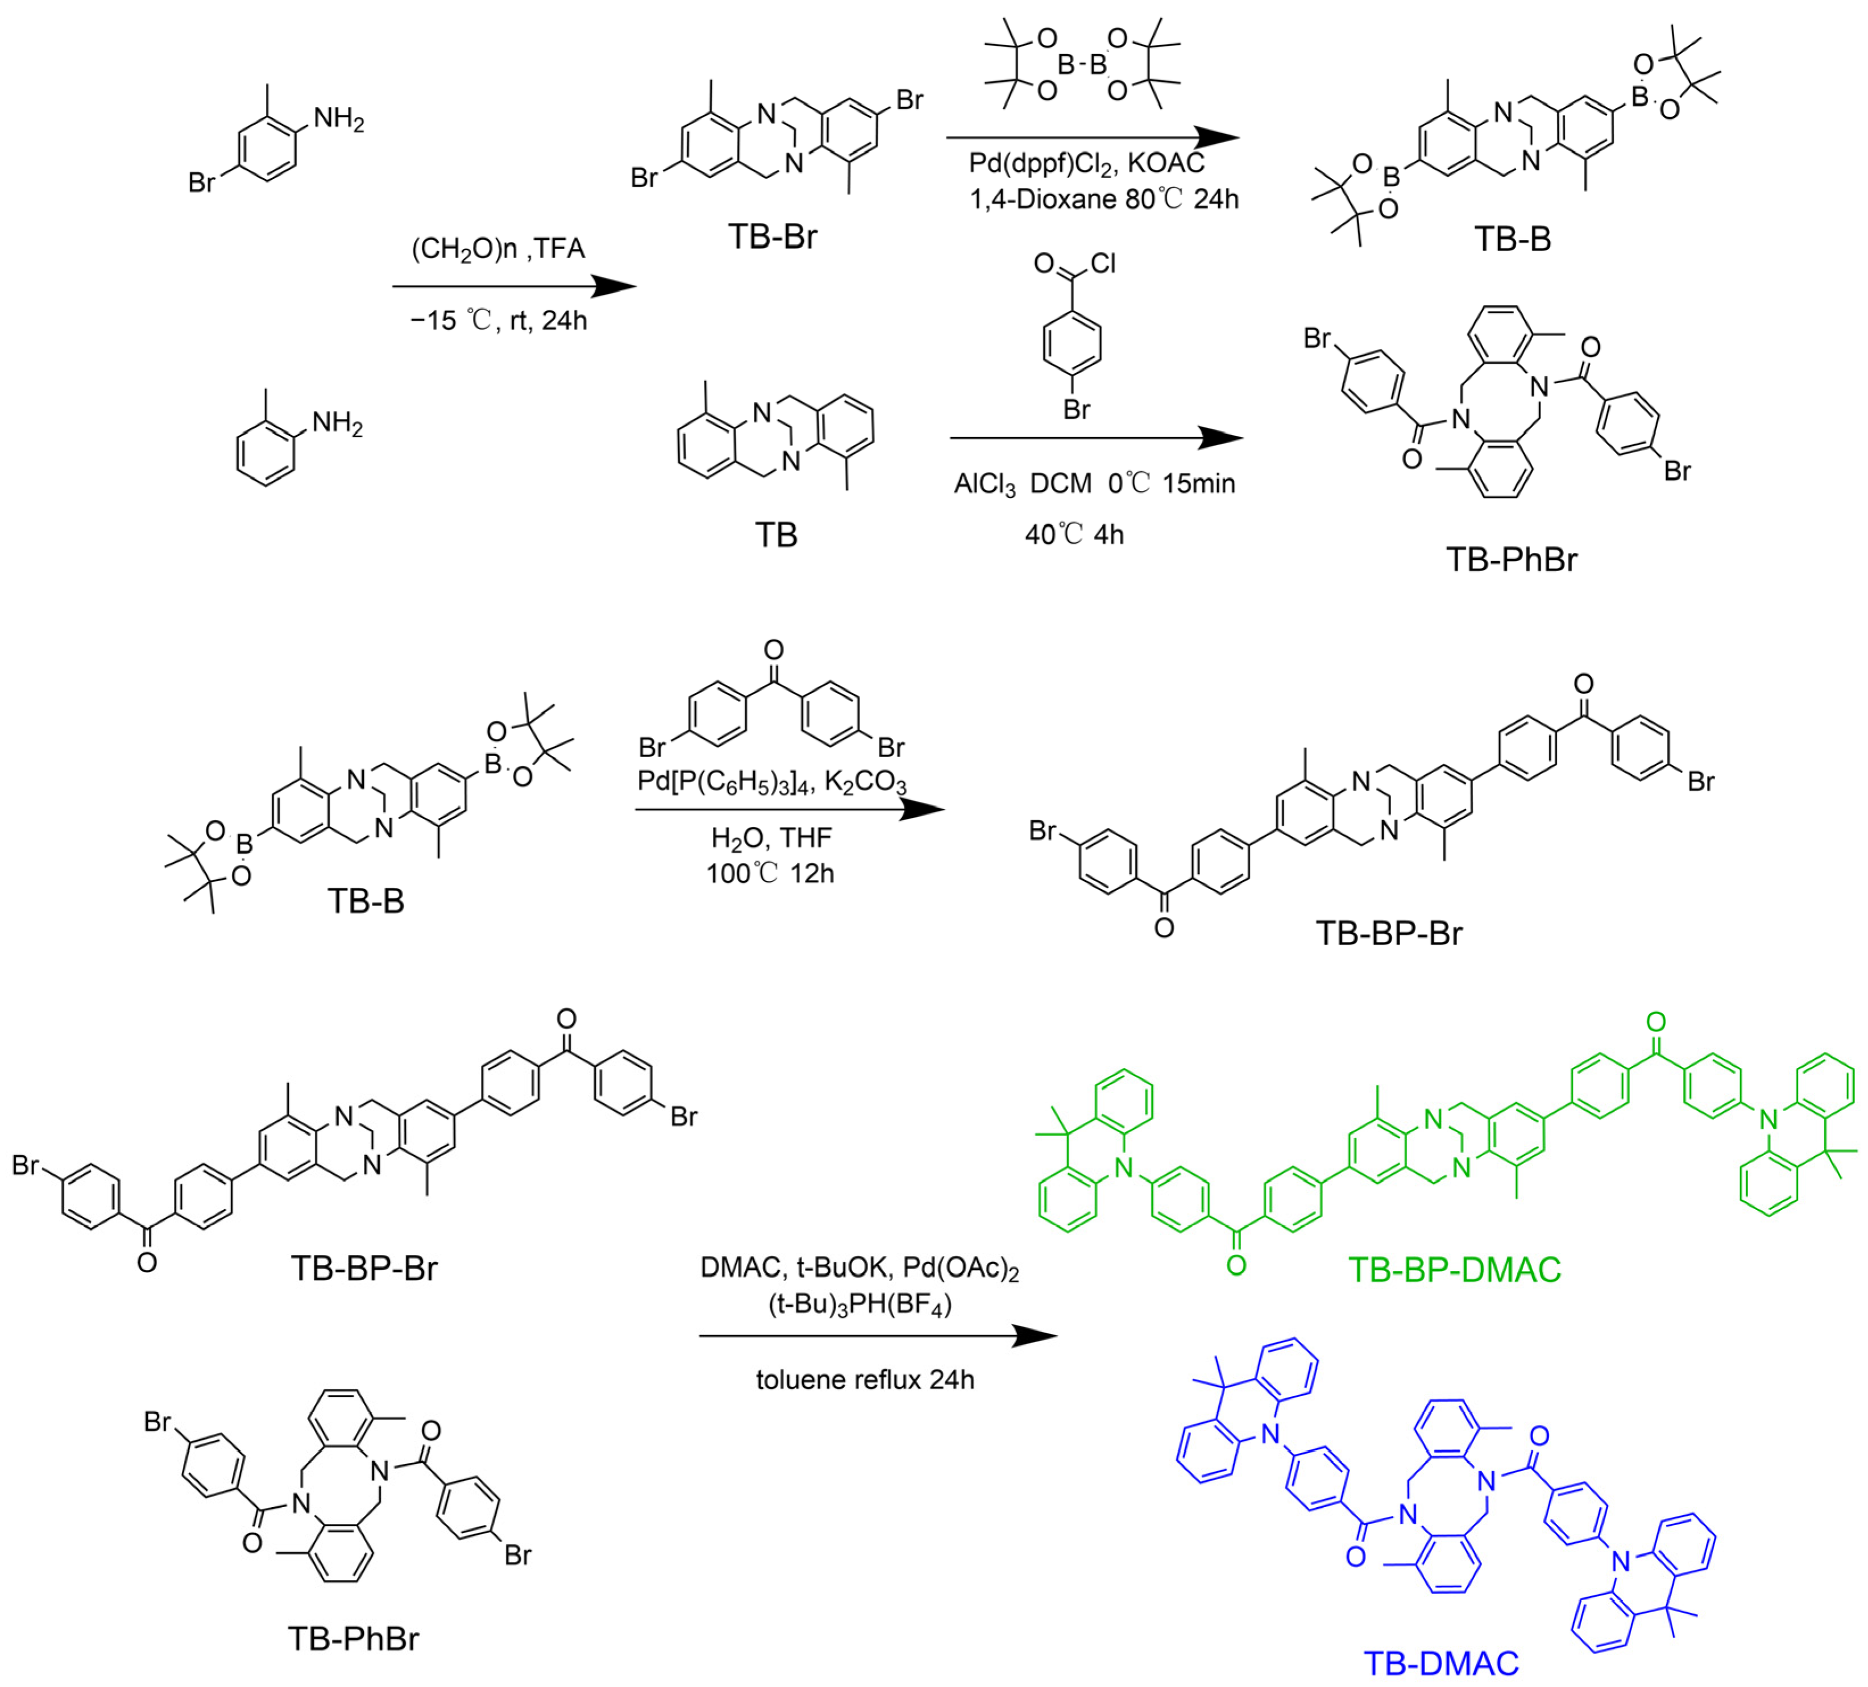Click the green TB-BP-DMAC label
[1454, 1269]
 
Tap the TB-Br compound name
[773, 237]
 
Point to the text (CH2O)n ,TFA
[499, 249]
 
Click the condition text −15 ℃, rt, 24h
[499, 321]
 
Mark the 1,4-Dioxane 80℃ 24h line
[1103, 199]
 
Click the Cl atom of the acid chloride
[1103, 264]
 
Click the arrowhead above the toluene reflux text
[1036, 1336]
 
